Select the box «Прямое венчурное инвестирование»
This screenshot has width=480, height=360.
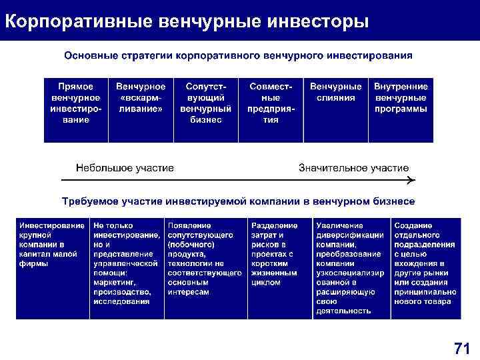(x=76, y=110)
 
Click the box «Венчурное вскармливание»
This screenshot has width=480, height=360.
(x=141, y=110)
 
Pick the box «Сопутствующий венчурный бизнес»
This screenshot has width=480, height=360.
(x=205, y=110)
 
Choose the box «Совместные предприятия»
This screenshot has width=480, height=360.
(x=270, y=110)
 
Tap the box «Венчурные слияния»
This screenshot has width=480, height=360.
(x=336, y=110)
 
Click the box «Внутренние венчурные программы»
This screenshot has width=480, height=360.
(x=401, y=110)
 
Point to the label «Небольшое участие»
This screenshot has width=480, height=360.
(x=125, y=167)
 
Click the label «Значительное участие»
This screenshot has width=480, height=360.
(x=353, y=167)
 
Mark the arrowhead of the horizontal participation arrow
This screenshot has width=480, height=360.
(x=411, y=180)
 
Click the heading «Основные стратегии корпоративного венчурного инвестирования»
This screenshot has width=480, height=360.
(x=238, y=54)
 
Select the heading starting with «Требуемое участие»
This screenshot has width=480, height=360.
(x=238, y=201)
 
